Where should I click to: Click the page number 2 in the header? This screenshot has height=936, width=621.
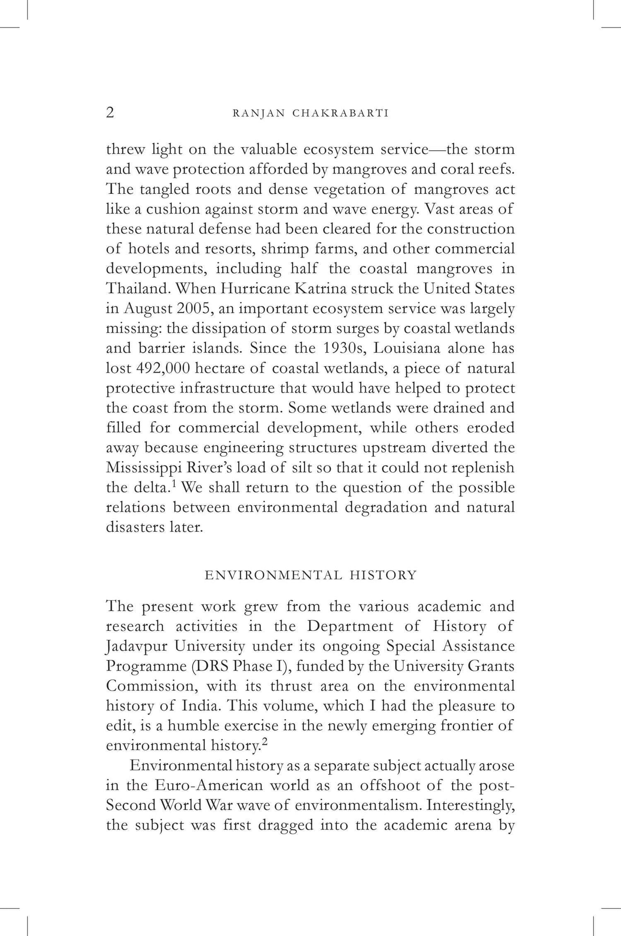(x=110, y=113)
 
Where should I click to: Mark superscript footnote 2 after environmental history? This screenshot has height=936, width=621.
(x=265, y=743)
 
